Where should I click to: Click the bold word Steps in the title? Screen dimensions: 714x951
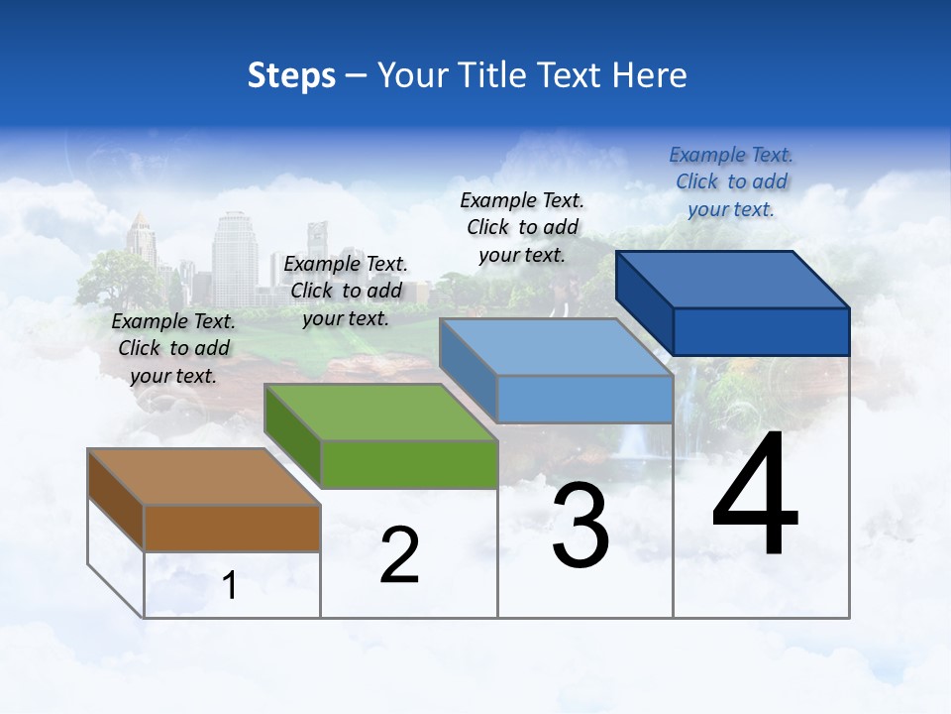click(291, 75)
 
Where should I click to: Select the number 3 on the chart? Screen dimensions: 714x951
click(581, 526)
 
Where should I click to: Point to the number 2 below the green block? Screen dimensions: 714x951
click(399, 555)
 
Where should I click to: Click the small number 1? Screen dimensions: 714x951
click(229, 586)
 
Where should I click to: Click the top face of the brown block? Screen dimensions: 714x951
click(203, 477)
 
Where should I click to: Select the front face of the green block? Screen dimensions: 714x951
click(409, 464)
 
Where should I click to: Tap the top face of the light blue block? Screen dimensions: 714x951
click(556, 348)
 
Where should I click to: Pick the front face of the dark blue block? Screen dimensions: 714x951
click(761, 331)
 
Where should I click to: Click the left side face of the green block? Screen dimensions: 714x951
click(293, 433)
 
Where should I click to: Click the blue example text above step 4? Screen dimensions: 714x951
click(730, 181)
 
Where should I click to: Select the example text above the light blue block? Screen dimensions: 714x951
click(522, 227)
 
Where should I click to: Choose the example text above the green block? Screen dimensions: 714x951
click(346, 291)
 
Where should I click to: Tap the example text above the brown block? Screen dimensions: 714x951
click(173, 348)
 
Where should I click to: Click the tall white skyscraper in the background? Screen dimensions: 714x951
click(234, 256)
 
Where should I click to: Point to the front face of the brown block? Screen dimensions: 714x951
click(232, 529)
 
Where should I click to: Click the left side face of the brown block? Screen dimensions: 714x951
click(116, 498)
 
